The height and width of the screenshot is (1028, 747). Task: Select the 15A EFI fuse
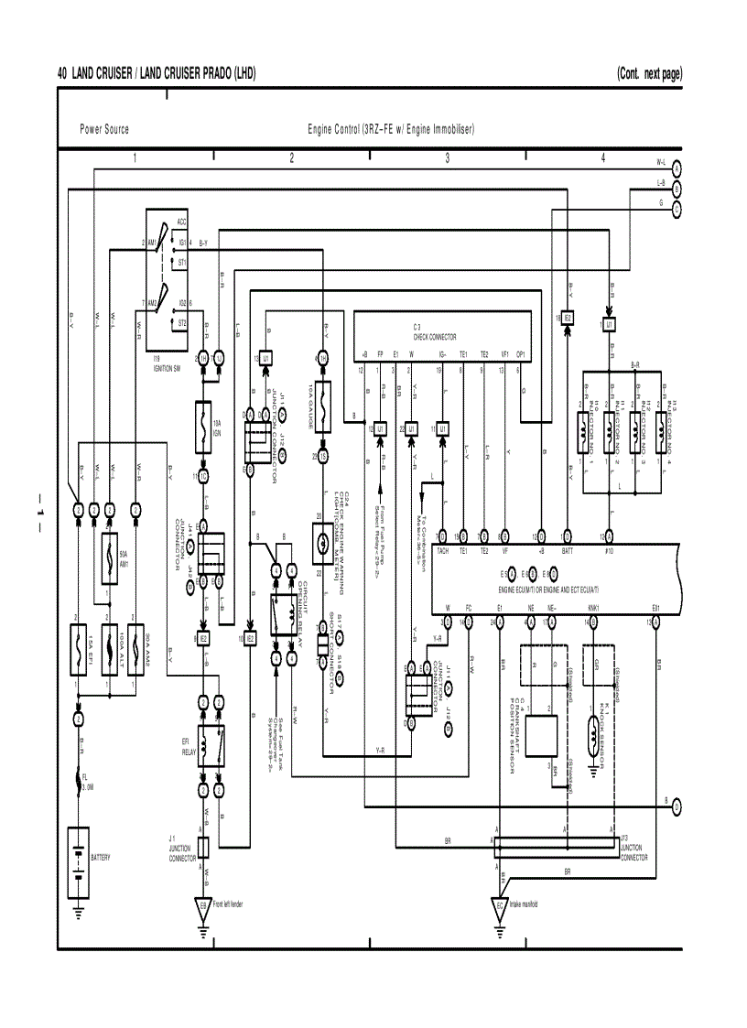(x=80, y=637)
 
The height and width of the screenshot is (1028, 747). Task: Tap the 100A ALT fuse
(x=109, y=637)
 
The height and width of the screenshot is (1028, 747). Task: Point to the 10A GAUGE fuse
(x=322, y=402)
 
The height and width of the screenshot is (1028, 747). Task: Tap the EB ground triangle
(x=203, y=907)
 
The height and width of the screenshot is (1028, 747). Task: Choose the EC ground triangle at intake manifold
(x=500, y=907)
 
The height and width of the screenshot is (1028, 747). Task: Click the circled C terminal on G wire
(x=677, y=209)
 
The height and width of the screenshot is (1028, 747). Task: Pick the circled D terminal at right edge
(x=677, y=806)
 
